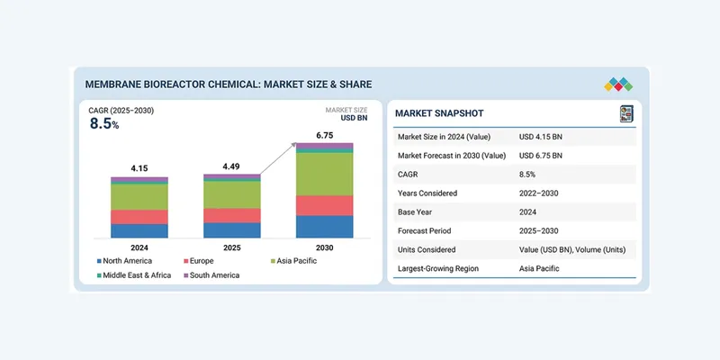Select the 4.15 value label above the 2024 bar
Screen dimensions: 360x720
tap(139, 168)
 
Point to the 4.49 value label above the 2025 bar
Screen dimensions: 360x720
tap(231, 166)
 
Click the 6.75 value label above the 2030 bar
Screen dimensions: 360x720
tap(324, 135)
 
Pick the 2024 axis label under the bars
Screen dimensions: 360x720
tap(139, 247)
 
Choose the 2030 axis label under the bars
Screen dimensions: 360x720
tap(324, 247)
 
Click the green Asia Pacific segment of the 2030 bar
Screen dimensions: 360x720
tap(324, 174)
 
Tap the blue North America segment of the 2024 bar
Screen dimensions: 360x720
tap(139, 230)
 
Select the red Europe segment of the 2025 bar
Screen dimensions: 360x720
tap(231, 215)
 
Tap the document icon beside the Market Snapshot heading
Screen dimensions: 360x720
tap(626, 113)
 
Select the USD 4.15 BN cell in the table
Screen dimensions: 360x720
tap(541, 137)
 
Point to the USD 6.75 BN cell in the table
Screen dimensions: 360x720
tap(541, 156)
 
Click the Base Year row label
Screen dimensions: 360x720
tap(418, 211)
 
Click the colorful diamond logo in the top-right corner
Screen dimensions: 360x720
tap(618, 84)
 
